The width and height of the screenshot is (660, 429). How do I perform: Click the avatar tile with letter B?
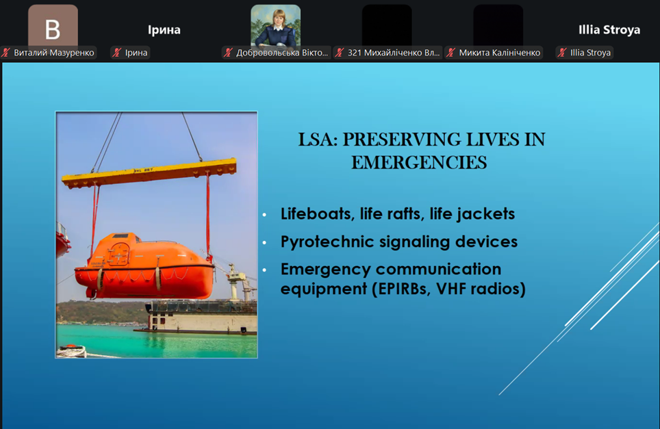[x=53, y=25]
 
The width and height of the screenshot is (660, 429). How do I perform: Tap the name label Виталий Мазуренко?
[x=54, y=53]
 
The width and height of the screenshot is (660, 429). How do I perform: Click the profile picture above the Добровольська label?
[x=276, y=25]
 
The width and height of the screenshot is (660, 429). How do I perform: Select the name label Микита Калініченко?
[x=499, y=53]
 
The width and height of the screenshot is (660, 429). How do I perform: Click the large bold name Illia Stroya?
[x=609, y=30]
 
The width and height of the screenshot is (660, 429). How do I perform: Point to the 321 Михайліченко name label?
[x=394, y=53]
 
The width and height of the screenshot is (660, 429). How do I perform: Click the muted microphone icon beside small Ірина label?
[x=117, y=53]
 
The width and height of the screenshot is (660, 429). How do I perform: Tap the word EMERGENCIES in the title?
[x=419, y=162]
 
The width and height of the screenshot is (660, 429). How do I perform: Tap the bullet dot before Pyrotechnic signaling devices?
[x=264, y=243]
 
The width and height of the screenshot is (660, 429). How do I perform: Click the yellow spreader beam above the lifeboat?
[x=149, y=173]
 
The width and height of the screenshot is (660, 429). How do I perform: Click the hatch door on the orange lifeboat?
[x=118, y=254]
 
